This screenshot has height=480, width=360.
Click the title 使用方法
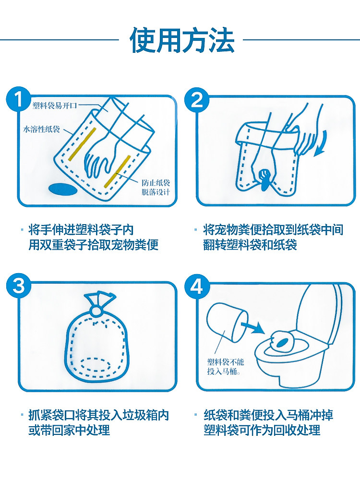point(182,40)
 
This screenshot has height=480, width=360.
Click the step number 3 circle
point(18,287)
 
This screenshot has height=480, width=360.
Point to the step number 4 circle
point(197,287)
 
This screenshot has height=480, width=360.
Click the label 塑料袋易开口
point(55,106)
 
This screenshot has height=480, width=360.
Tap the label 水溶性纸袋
point(42,129)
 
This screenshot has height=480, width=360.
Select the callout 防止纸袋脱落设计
point(156,187)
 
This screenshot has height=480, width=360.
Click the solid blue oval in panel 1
point(63,189)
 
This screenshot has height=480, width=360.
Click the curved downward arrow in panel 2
point(322,143)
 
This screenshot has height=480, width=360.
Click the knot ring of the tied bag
point(96,311)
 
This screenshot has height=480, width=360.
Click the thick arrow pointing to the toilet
point(252,327)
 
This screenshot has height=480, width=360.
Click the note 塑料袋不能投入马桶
point(225,367)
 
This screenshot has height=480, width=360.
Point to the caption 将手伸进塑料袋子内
point(81,229)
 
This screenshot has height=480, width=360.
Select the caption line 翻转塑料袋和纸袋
point(250,245)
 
